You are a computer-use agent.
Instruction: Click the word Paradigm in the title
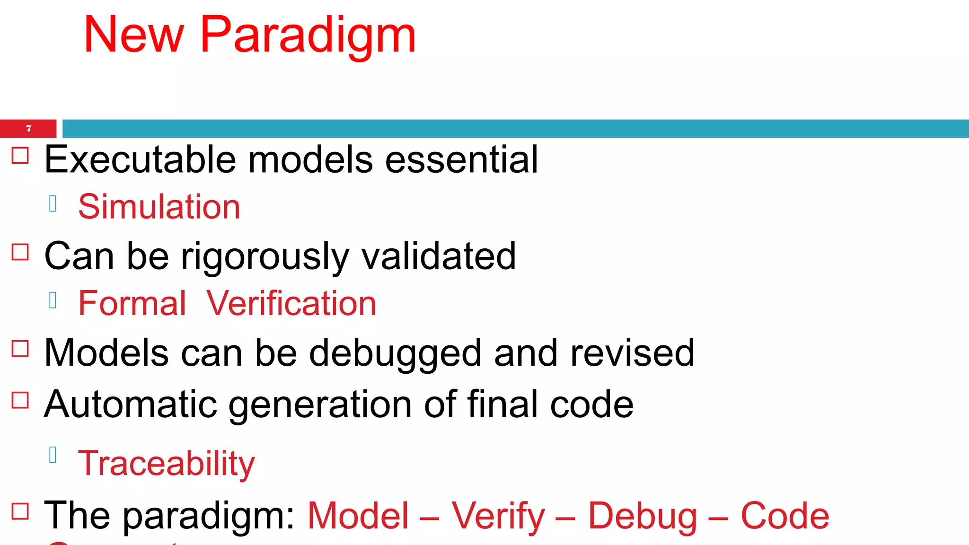[308, 35]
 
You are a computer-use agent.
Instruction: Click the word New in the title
[133, 35]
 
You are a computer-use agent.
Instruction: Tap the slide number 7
[28, 128]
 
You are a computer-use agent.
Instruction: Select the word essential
[461, 160]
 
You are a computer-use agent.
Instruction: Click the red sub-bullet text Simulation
[159, 207]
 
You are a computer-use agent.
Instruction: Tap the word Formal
[132, 304]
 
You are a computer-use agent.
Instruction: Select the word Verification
[291, 304]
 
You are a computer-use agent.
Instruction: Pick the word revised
[632, 353]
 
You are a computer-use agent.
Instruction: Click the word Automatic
[130, 404]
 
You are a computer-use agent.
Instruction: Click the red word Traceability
[166, 464]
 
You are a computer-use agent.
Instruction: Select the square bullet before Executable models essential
[20, 155]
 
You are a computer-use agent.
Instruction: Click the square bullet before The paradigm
[20, 511]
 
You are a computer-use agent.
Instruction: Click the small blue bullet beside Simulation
[53, 203]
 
